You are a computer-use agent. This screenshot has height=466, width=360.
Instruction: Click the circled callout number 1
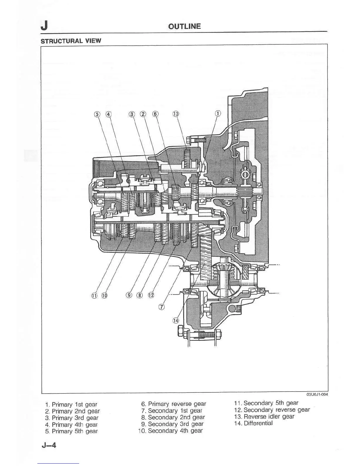[x=218, y=114]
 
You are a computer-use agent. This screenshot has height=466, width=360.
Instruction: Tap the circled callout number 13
[x=176, y=114]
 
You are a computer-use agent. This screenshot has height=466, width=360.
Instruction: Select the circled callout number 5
[x=97, y=114]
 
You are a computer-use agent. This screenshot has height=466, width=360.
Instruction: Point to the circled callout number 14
[x=176, y=320]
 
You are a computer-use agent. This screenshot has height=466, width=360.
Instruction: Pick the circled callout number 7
[x=161, y=307]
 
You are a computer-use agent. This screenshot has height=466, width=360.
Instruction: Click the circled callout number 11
[x=94, y=295]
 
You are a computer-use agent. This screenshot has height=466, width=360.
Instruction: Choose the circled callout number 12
[x=151, y=295]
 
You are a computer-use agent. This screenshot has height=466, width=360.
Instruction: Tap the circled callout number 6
[x=155, y=114]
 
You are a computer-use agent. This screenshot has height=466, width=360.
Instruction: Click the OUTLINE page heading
[x=184, y=26]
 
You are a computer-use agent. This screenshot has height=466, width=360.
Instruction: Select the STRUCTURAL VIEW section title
[x=71, y=41]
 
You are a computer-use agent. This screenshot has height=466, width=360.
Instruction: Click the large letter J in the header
[x=44, y=26]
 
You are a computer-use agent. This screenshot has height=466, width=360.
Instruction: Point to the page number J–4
[x=49, y=445]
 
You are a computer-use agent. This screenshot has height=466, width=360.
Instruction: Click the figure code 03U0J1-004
[x=317, y=395]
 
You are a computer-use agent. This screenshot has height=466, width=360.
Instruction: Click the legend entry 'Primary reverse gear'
[x=174, y=404]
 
